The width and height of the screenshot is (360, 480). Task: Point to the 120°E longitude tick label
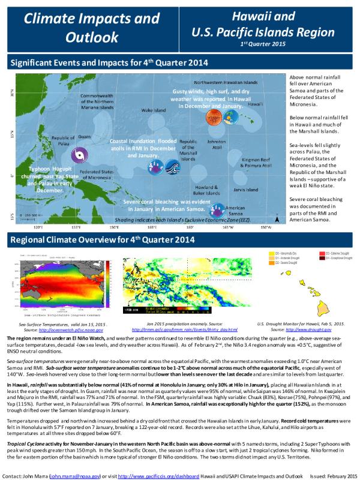[37, 227]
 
